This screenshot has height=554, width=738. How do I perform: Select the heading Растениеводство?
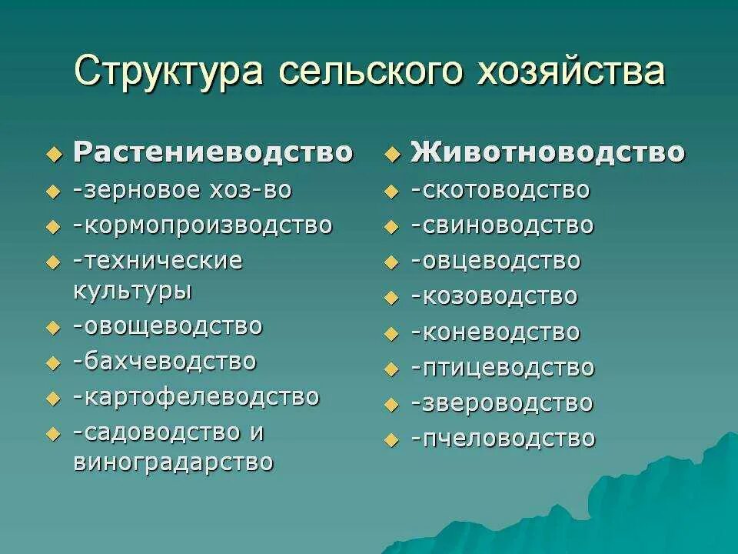point(213,152)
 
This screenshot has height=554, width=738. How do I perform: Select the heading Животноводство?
point(547,152)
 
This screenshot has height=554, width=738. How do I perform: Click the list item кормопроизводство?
point(203,225)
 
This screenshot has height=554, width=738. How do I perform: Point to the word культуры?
point(132,291)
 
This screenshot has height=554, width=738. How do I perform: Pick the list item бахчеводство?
point(165,361)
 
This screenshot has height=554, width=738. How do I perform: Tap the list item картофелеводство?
point(196,397)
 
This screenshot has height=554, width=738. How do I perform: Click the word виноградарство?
point(173,462)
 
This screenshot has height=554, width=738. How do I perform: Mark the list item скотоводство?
point(500,190)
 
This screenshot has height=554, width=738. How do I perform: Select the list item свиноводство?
point(502,225)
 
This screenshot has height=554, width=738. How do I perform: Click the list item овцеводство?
point(496,261)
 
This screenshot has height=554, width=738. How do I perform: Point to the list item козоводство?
point(494,296)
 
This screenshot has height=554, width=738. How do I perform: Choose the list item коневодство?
point(495,332)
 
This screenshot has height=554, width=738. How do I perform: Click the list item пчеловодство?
point(503,439)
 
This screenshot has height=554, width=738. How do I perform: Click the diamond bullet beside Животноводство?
point(393,155)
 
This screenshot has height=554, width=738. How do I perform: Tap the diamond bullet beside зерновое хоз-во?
point(53,192)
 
